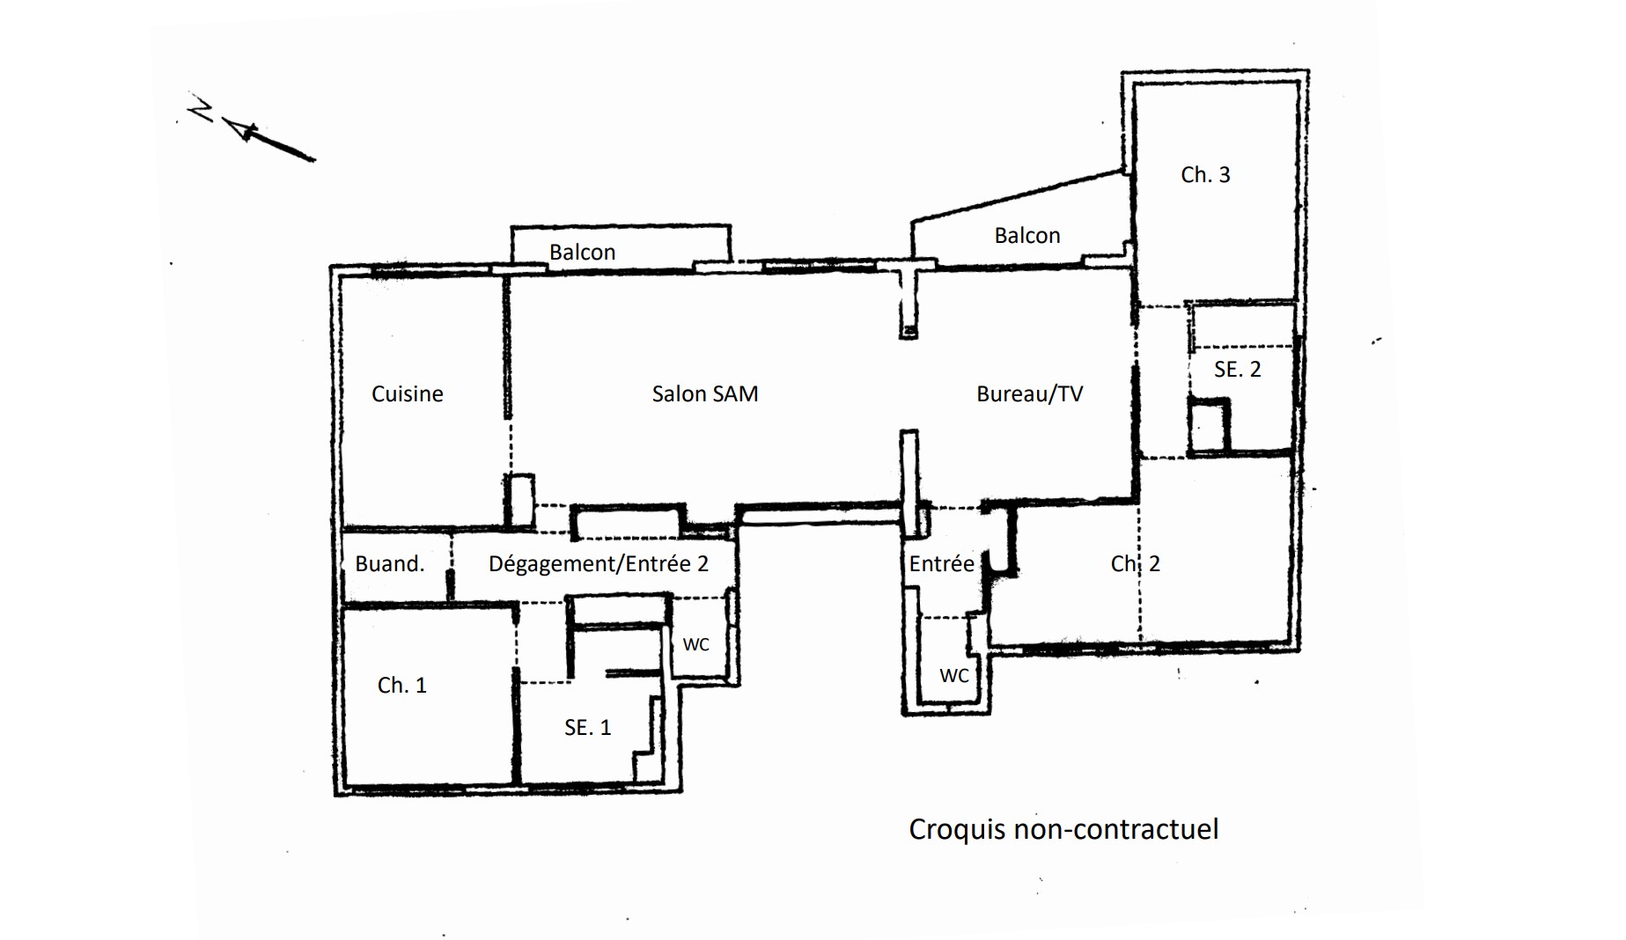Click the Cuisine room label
click(x=408, y=393)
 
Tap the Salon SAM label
click(x=705, y=393)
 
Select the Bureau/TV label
click(x=1030, y=393)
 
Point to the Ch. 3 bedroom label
click(x=1205, y=174)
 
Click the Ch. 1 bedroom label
click(x=402, y=685)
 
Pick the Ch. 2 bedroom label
click(x=1136, y=563)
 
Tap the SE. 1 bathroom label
click(x=587, y=727)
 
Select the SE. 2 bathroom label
click(x=1237, y=369)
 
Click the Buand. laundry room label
click(x=390, y=563)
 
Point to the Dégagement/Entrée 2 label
click(x=599, y=563)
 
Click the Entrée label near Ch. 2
click(x=942, y=563)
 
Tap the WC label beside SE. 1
click(x=695, y=644)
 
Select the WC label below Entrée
click(x=954, y=675)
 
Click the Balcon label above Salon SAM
click(x=583, y=252)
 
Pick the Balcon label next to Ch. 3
click(x=1027, y=235)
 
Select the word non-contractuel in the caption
click(x=1116, y=829)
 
